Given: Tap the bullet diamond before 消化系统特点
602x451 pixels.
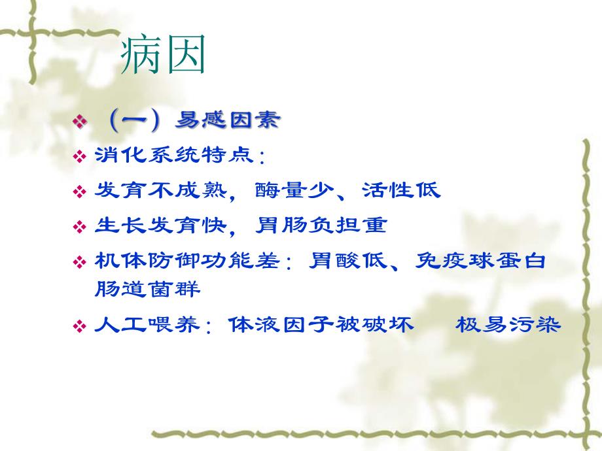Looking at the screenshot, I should (x=80, y=157).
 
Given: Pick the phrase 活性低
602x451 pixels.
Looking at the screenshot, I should (x=401, y=191).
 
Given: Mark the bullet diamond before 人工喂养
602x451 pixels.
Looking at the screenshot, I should (x=80, y=326).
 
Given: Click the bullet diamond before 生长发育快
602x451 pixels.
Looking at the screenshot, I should (x=80, y=227).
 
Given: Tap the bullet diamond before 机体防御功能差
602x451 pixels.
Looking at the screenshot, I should (x=80, y=262).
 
